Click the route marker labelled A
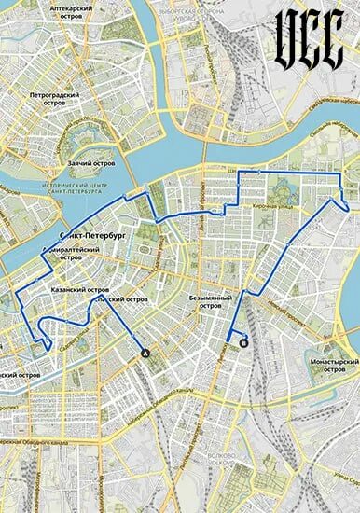point(144,353)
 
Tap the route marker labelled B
point(244,343)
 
